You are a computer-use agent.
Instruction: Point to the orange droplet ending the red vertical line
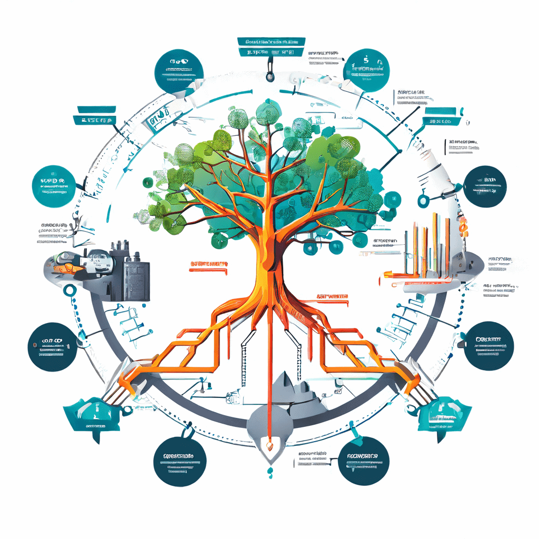point(269,447)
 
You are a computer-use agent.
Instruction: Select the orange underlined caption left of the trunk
point(208,264)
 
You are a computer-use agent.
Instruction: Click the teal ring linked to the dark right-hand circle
point(422,200)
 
